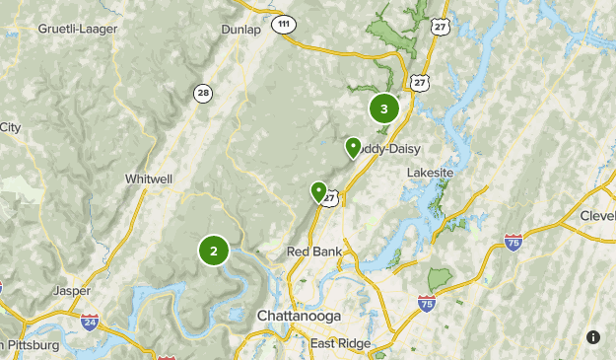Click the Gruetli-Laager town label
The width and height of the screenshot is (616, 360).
click(x=78, y=29)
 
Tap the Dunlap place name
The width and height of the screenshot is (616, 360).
click(x=241, y=30)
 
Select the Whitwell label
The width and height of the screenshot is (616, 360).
click(x=149, y=179)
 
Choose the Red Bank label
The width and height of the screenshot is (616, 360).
click(x=314, y=252)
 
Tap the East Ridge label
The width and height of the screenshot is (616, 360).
click(x=340, y=343)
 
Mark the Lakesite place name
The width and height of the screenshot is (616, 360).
click(x=431, y=173)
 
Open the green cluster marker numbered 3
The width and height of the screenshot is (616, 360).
click(x=383, y=109)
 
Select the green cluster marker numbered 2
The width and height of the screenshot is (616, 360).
click(x=213, y=251)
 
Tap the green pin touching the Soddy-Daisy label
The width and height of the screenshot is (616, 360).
click(x=353, y=147)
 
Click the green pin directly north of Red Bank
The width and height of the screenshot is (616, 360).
click(x=318, y=190)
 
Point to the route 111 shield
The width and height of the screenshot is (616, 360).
click(x=284, y=23)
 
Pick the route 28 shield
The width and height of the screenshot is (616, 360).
click(x=203, y=93)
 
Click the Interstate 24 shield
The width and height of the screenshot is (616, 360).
click(x=90, y=322)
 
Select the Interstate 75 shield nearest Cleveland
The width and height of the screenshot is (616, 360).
click(x=513, y=242)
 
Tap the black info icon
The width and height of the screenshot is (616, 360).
click(x=593, y=337)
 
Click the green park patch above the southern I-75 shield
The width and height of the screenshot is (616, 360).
click(x=440, y=280)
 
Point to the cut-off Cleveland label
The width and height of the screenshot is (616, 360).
click(x=597, y=216)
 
